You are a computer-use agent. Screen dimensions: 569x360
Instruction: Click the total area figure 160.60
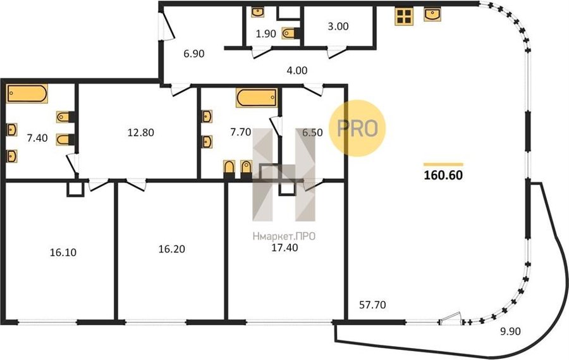click(x=443, y=175)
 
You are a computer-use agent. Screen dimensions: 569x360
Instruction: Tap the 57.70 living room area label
click(x=372, y=305)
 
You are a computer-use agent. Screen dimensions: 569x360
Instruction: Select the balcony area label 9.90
click(x=510, y=332)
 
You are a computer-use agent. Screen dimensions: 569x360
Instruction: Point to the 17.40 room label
click(x=285, y=248)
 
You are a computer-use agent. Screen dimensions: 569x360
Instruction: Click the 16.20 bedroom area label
click(x=171, y=249)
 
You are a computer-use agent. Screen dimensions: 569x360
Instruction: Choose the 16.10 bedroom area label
click(x=63, y=252)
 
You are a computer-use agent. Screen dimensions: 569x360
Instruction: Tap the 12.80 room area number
click(x=141, y=132)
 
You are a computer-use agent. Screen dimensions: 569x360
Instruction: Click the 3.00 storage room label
click(x=338, y=26)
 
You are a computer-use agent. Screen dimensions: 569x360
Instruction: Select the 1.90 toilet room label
click(x=266, y=34)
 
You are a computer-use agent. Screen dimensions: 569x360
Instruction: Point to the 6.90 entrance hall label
click(x=194, y=53)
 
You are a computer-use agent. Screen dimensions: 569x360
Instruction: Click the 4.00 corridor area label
click(x=297, y=70)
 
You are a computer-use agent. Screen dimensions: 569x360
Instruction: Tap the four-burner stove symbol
click(x=404, y=16)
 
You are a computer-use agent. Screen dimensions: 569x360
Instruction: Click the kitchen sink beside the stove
click(x=432, y=15)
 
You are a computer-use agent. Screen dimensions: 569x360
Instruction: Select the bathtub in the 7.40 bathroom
click(x=27, y=94)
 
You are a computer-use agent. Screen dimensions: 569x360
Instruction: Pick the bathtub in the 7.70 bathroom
click(x=257, y=97)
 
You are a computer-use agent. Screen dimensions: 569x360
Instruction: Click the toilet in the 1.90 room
click(x=291, y=34)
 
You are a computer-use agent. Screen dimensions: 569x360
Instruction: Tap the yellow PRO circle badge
click(x=357, y=128)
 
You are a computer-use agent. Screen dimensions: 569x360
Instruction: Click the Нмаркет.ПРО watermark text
click(x=284, y=237)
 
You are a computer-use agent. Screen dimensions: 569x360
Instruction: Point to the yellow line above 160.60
click(x=443, y=164)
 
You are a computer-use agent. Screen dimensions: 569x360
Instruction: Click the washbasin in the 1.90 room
click(x=257, y=13)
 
